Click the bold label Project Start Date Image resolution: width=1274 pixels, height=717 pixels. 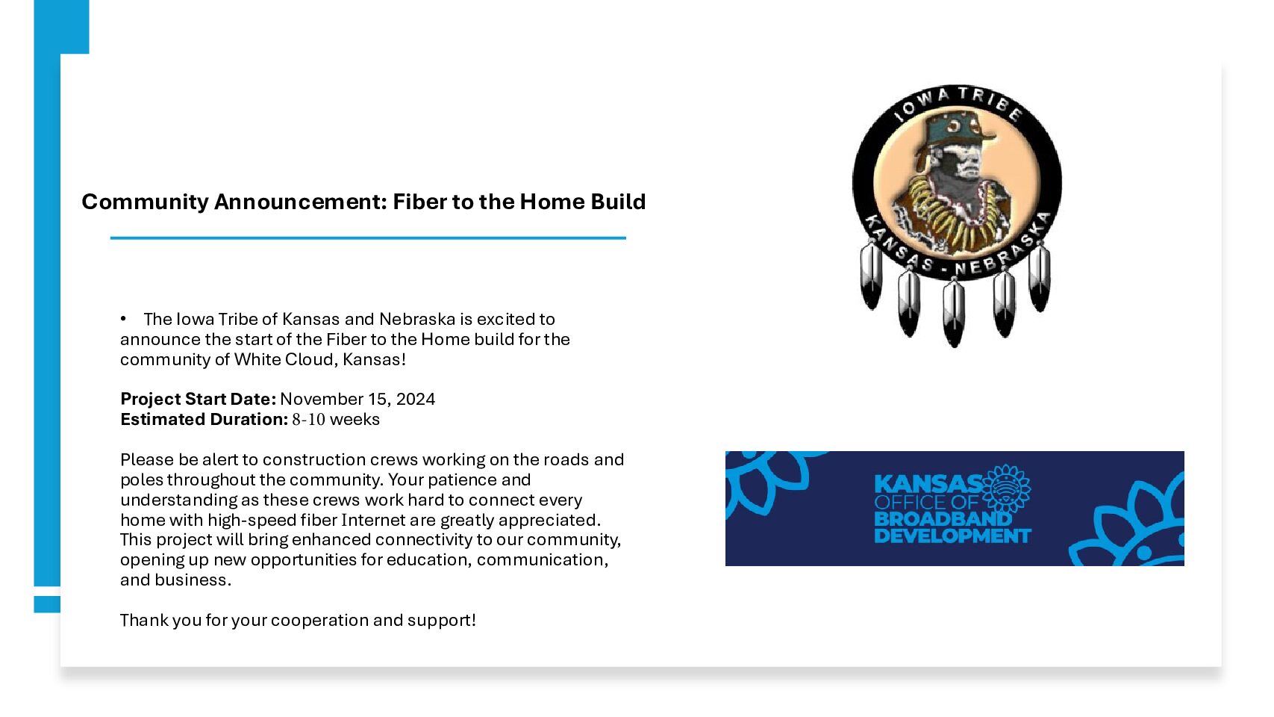pos(198,400)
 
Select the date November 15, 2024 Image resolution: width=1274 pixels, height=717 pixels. pos(357,400)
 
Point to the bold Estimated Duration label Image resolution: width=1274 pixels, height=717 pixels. pos(204,420)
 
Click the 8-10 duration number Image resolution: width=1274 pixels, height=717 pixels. pos(309,420)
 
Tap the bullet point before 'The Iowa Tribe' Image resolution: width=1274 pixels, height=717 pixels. pos(123,319)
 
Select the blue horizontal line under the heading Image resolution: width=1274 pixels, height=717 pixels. pos(368,238)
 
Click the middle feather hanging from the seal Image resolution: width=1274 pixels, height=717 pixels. pos(954,313)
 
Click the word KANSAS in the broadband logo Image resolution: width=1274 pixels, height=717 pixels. pos(928,484)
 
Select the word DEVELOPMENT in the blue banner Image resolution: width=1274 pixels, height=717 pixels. pos(952,536)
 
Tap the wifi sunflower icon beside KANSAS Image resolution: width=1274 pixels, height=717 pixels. pos(1006,489)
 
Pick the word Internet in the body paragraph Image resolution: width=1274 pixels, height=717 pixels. pos(373,520)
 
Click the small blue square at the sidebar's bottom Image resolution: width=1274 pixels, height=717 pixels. pos(47,604)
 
